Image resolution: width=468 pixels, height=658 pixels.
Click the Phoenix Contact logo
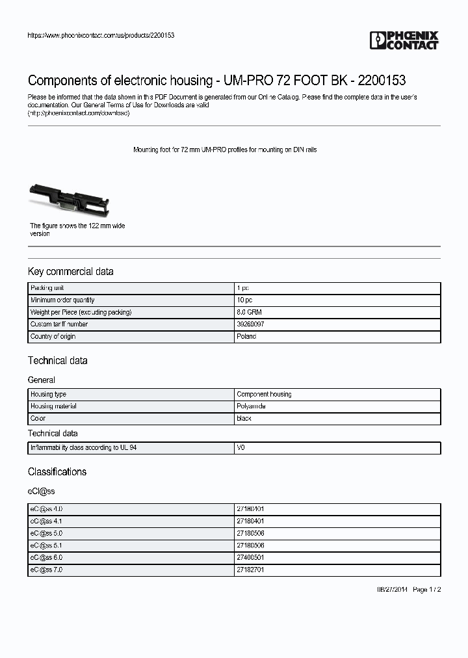click(x=404, y=40)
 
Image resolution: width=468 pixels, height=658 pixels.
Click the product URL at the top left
click(x=101, y=35)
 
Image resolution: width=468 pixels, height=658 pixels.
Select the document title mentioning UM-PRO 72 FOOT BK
click(x=216, y=81)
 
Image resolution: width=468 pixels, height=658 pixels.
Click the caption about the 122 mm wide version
click(x=77, y=230)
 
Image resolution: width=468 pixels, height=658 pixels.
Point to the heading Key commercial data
click(x=70, y=272)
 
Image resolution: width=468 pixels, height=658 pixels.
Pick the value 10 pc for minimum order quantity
click(x=244, y=300)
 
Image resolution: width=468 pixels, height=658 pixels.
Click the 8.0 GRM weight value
click(x=249, y=312)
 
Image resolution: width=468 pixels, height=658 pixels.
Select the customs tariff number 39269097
click(x=250, y=324)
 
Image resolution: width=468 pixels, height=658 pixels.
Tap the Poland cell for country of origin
click(x=246, y=336)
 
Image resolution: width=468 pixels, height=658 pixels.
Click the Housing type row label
click(x=48, y=395)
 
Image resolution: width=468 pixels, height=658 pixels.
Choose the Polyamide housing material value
click(x=252, y=406)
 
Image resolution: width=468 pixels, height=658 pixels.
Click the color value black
click(x=244, y=419)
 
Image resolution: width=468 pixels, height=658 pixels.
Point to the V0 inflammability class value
click(x=241, y=448)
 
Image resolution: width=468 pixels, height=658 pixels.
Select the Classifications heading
click(x=57, y=472)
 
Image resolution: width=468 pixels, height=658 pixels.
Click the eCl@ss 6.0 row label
click(x=46, y=558)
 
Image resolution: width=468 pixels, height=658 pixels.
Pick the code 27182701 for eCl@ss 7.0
click(x=250, y=570)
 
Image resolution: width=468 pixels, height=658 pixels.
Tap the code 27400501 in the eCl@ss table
click(x=250, y=558)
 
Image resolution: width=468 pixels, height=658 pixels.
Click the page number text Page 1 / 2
click(x=427, y=589)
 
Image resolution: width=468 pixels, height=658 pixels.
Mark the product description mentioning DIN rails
click(x=225, y=150)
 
